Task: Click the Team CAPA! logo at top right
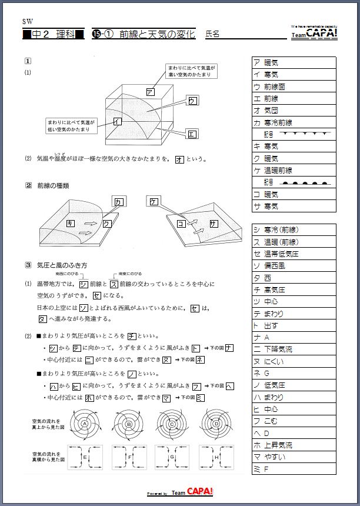pyautogui.click(x=315, y=34)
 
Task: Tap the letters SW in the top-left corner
pyautogui.click(x=27, y=21)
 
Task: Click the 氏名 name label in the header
pyautogui.click(x=212, y=35)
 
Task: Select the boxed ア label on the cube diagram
pyautogui.click(x=150, y=92)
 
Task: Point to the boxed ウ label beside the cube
pyautogui.click(x=192, y=101)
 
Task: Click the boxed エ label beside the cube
pyautogui.click(x=191, y=134)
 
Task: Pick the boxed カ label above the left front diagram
pyautogui.click(x=119, y=202)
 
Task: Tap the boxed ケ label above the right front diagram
pyautogui.click(x=154, y=202)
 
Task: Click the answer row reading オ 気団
pyautogui.click(x=294, y=111)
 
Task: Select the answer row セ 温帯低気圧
pyautogui.click(x=294, y=254)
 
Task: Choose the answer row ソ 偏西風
pyautogui.click(x=294, y=266)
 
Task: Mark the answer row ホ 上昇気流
pyautogui.click(x=294, y=445)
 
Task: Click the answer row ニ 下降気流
pyautogui.click(x=294, y=349)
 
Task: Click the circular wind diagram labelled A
pyautogui.click(x=85, y=424)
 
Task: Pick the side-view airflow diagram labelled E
pyautogui.click(x=85, y=457)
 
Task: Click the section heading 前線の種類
pyautogui.click(x=53, y=186)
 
